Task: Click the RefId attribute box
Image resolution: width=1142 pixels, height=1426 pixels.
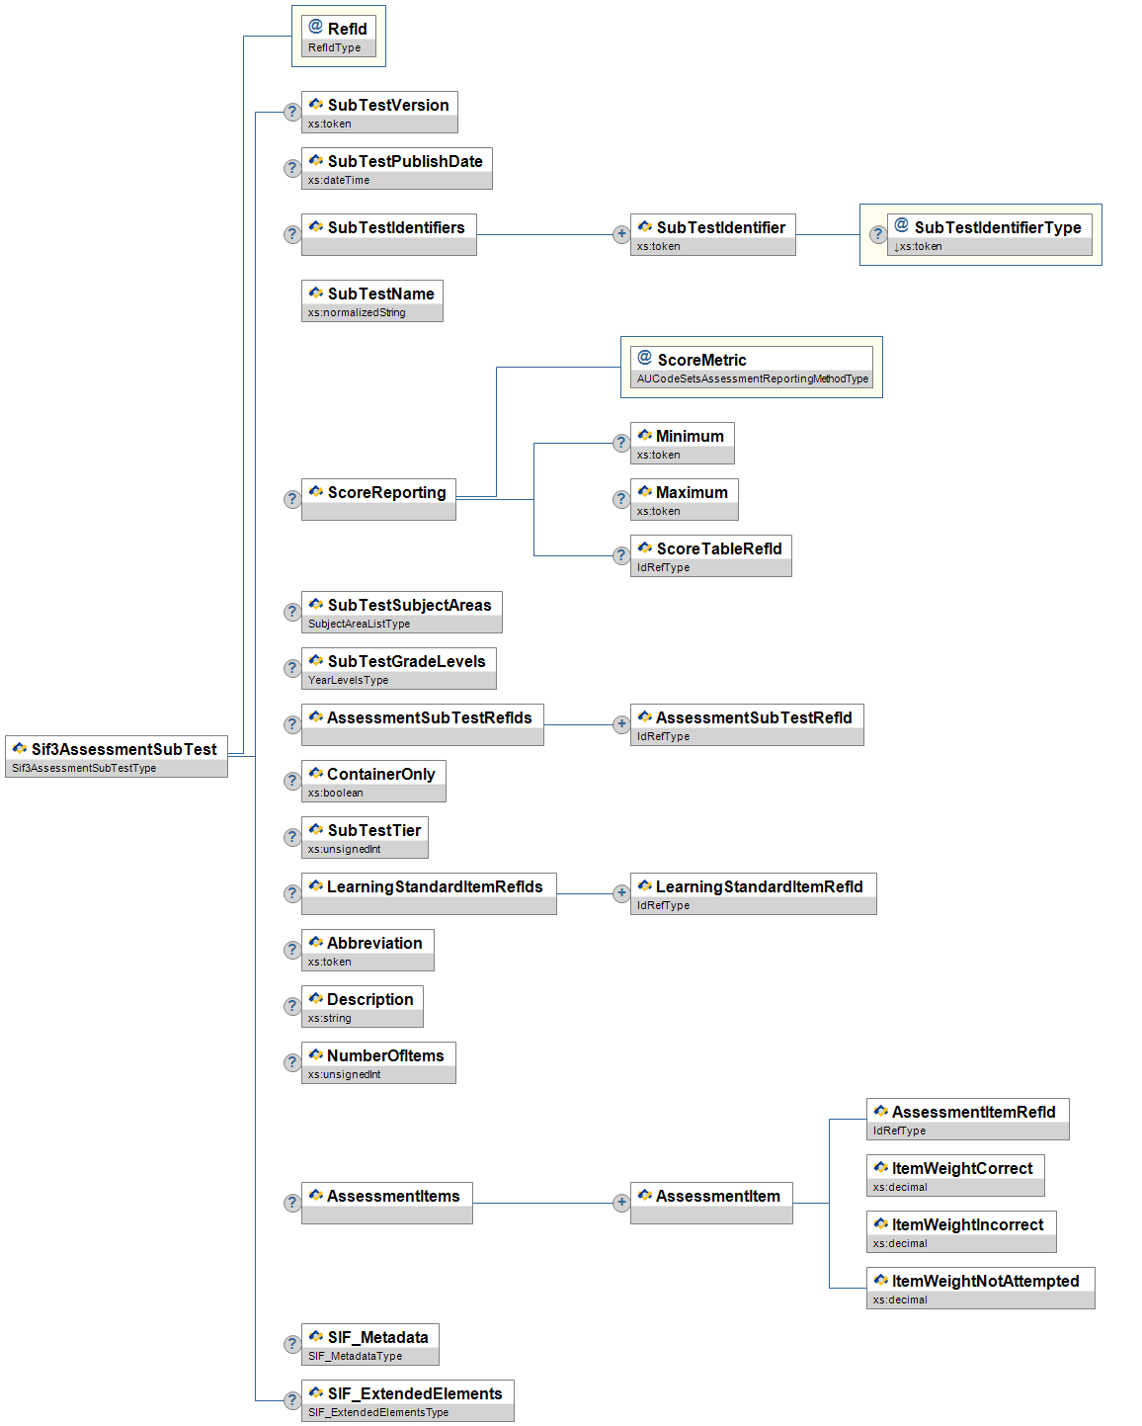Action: [x=338, y=37]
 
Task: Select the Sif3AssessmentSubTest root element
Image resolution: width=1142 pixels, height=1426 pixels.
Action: [x=117, y=756]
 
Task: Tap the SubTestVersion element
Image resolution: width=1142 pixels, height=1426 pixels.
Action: [x=379, y=112]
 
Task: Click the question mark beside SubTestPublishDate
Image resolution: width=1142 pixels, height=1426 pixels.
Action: [x=291, y=168]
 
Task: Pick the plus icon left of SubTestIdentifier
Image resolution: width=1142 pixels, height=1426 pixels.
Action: [x=621, y=234]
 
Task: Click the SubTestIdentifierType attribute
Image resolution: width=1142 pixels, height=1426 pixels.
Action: [x=989, y=234]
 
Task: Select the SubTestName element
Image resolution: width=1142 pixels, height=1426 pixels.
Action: [x=372, y=300]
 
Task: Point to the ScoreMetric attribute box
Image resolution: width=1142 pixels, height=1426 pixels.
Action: [x=752, y=367]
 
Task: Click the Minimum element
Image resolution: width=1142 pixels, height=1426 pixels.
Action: [x=683, y=443]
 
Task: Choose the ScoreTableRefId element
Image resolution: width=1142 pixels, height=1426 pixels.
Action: [x=711, y=555]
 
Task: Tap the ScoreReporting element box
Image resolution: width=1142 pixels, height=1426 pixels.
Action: [x=378, y=499]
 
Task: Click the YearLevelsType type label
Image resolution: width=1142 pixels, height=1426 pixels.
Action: [x=349, y=680]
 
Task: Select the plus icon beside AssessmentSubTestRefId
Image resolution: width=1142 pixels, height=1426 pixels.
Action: [x=621, y=724]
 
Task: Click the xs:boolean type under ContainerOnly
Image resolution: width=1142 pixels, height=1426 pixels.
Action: [x=336, y=793]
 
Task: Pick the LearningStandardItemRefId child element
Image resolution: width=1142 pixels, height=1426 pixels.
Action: [x=753, y=893]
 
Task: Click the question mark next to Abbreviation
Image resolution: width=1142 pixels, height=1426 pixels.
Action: [x=291, y=950]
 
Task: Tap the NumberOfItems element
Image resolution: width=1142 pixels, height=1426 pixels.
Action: [x=378, y=1062]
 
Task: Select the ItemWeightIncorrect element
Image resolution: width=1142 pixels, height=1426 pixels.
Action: [x=961, y=1231]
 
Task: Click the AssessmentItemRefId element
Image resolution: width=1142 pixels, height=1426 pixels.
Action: [x=967, y=1119]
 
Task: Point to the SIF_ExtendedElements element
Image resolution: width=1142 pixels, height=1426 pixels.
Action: [x=407, y=1400]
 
